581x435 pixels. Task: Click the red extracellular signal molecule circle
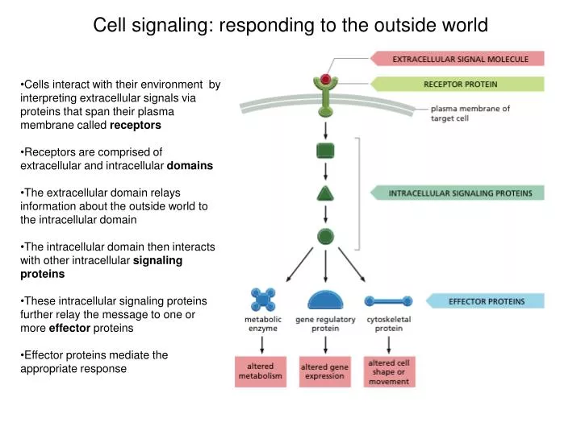point(325,79)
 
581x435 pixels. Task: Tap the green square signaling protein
point(325,151)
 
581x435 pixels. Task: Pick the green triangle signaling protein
point(325,193)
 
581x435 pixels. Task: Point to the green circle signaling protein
point(325,236)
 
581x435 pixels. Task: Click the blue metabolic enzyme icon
point(263,300)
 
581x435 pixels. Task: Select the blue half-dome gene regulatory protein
point(325,300)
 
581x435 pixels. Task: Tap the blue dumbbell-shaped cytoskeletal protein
point(389,301)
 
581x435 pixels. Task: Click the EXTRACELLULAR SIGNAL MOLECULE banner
point(457,59)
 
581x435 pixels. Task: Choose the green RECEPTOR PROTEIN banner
point(457,83)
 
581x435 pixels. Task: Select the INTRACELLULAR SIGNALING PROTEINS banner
point(457,193)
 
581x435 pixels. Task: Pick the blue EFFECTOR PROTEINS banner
point(486,301)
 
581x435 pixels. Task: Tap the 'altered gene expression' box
point(324,371)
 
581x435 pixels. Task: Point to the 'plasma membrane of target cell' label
point(470,114)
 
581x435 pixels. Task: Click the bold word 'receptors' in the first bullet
point(136,126)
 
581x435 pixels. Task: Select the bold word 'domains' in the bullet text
point(190,165)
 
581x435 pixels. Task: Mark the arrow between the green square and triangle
point(325,172)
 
